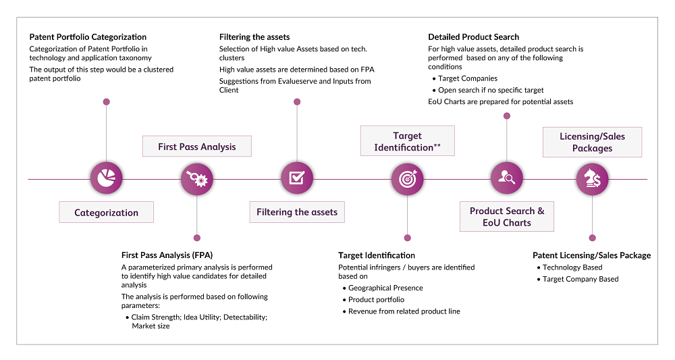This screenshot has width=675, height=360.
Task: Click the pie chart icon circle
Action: (107, 178)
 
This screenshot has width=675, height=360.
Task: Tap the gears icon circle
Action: (196, 179)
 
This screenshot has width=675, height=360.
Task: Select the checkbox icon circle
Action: (297, 178)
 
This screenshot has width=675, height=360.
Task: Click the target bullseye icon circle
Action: (407, 179)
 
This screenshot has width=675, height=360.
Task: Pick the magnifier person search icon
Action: (507, 178)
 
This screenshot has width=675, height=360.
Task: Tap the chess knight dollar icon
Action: (593, 179)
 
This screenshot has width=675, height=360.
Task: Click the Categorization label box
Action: (107, 212)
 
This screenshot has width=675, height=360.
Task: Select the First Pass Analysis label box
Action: (196, 147)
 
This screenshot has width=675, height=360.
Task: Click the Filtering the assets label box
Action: (297, 212)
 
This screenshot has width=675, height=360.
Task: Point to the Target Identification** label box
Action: (407, 140)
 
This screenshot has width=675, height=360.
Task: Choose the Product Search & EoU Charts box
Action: (507, 217)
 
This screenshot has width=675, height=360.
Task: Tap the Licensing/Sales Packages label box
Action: (593, 142)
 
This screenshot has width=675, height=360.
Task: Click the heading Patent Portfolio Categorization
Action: (88, 37)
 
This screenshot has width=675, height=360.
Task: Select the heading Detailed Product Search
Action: (474, 37)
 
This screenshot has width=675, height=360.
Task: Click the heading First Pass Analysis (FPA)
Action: (167, 255)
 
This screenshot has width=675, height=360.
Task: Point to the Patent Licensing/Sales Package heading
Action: (592, 255)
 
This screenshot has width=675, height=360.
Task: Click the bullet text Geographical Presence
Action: (385, 288)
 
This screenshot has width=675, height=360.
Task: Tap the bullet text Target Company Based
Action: (580, 279)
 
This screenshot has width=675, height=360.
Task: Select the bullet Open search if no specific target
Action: (491, 90)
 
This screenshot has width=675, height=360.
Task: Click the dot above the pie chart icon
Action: (107, 102)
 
